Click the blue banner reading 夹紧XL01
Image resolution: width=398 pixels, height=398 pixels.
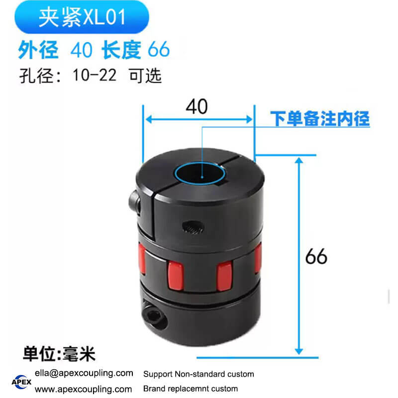coord(82,17)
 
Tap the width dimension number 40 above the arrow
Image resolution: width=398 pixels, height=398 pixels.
coord(197,106)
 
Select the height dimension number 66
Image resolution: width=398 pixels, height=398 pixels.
coord(316,256)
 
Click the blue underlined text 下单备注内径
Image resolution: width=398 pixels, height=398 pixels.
coord(319,118)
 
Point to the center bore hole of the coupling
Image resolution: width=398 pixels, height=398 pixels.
coord(200,174)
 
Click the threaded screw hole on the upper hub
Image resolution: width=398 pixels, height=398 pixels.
coord(193,227)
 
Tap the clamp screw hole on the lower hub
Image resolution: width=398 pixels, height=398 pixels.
coord(154,316)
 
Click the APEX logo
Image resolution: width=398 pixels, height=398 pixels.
coord(21,382)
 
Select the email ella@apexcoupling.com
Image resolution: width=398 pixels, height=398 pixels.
coord(84,373)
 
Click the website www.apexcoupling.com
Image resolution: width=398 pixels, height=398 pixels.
coord(83,389)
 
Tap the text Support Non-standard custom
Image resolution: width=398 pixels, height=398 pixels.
coord(199,374)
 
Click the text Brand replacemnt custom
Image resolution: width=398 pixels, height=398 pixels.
coord(191,389)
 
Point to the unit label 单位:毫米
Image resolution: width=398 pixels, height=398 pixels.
coord(59,354)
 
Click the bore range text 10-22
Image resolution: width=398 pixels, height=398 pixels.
coord(95,75)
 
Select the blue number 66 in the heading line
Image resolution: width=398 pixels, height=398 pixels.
coord(159,49)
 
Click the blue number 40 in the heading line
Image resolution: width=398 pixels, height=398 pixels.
coord(81,49)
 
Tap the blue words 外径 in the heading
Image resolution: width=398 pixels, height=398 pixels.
coord(38,49)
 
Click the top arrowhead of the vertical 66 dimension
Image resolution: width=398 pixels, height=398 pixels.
coord(299,160)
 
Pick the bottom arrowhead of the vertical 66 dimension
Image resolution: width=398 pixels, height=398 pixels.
coord(299,351)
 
